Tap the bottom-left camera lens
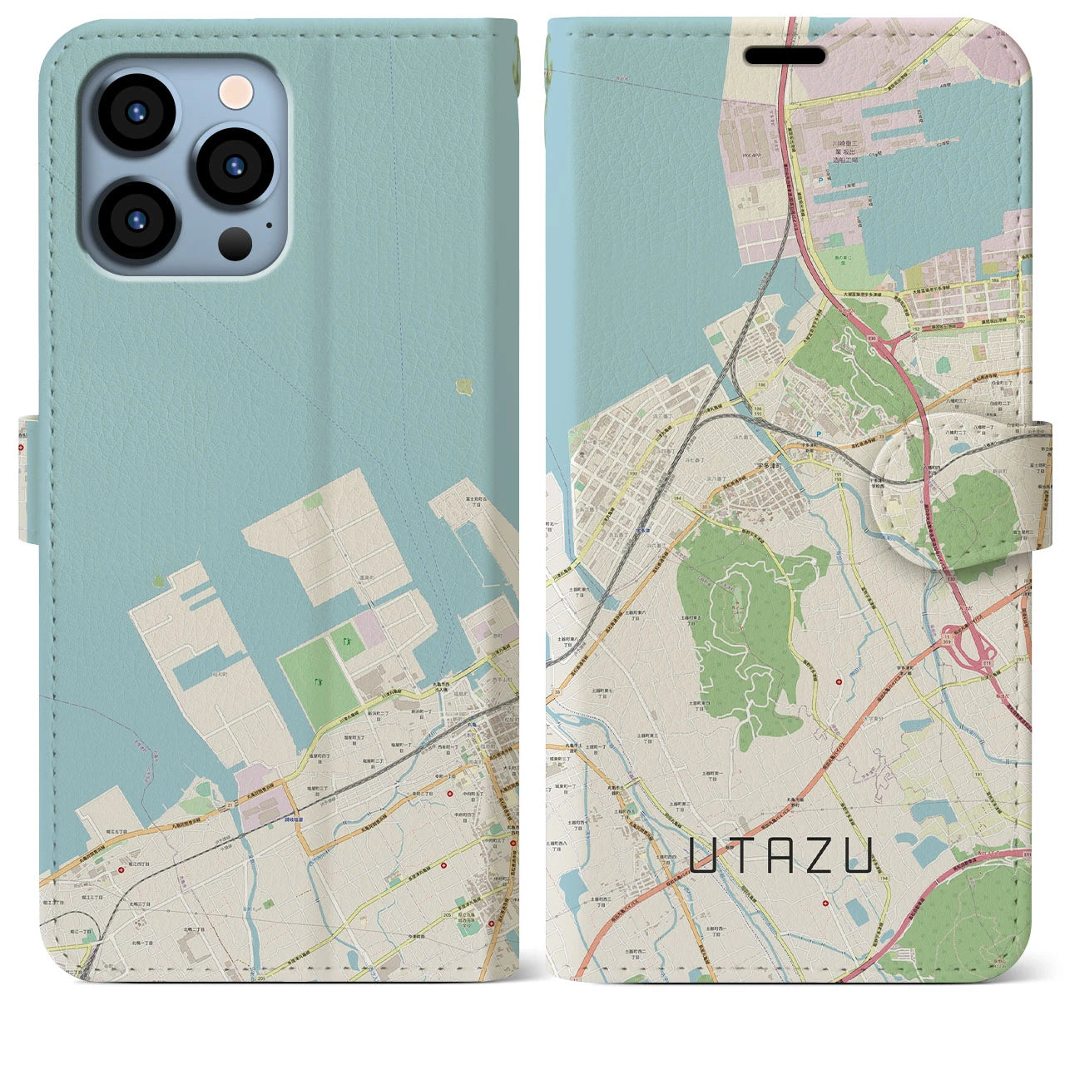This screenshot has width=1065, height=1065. [x=136, y=220]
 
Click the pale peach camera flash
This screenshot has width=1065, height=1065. [x=235, y=92]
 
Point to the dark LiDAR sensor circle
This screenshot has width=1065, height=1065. [x=235, y=243]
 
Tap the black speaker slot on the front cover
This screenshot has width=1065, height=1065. [x=785, y=56]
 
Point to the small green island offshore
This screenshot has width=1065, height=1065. [x=463, y=386]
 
